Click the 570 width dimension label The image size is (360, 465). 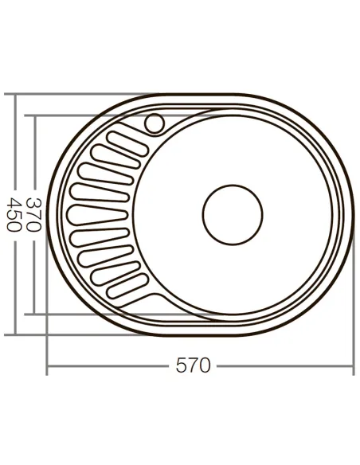coord(194,366)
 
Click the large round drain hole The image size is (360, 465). coord(232,214)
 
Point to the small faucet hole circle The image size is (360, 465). coord(155,124)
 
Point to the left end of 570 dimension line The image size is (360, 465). coord(47,367)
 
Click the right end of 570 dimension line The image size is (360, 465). coord(353,367)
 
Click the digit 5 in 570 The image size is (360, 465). coord(182,366)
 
